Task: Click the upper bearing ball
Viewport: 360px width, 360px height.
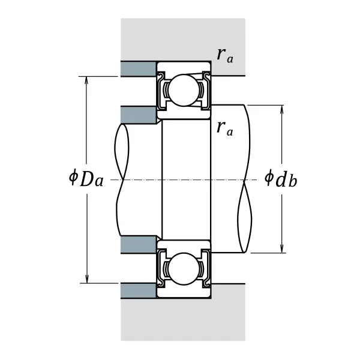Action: tap(184, 90)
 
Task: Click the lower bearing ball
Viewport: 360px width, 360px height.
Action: tap(184, 269)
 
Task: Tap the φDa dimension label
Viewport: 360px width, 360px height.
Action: tap(86, 178)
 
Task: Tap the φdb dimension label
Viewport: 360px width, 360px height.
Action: tap(281, 178)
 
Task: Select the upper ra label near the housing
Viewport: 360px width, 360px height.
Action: tap(225, 56)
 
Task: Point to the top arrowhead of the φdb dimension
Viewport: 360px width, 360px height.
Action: tap(282, 110)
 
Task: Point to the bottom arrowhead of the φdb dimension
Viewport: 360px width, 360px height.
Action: tap(282, 248)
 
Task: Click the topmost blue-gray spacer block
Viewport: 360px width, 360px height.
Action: tap(139, 69)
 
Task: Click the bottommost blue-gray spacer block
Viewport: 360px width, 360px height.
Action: tap(139, 291)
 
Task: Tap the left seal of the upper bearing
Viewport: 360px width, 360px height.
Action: tap(161, 90)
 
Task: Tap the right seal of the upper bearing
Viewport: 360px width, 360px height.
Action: tap(206, 90)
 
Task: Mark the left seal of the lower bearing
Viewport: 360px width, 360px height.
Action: tap(161, 269)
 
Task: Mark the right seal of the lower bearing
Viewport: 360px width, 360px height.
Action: tap(206, 269)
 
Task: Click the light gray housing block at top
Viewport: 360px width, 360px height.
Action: tap(183, 40)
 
